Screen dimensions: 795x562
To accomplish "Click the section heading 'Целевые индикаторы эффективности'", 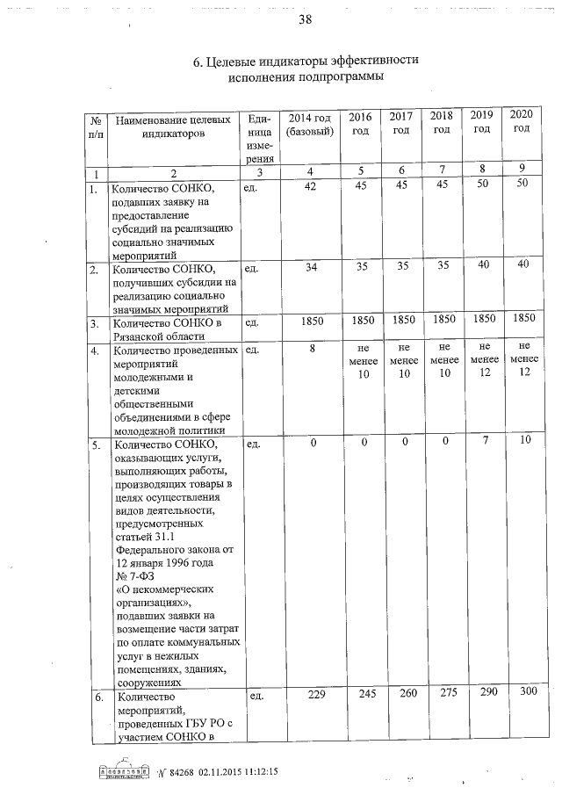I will [x=305, y=61].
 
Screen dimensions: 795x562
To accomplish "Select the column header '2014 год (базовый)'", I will [x=310, y=124].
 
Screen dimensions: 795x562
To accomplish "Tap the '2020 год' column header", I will [x=522, y=122].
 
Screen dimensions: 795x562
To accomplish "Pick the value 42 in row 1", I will [x=309, y=186].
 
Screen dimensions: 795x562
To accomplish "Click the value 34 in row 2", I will [x=309, y=267].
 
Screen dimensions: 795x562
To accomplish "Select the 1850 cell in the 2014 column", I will [x=312, y=323].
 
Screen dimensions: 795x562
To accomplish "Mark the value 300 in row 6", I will [x=527, y=694].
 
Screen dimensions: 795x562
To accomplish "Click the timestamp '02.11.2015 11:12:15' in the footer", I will [x=231, y=771].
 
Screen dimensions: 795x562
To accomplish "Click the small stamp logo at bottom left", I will [x=122, y=772].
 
